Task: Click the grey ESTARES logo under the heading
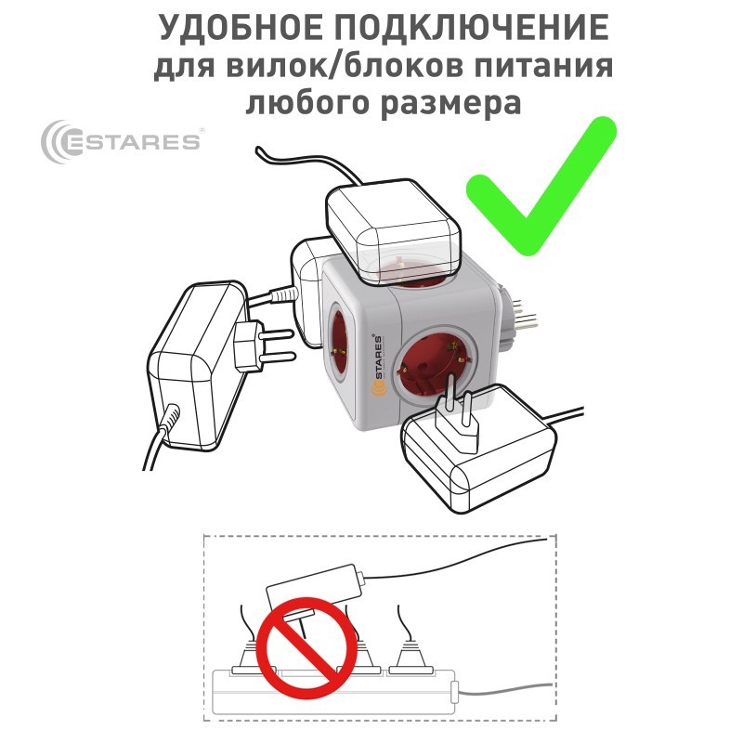coord(122,141)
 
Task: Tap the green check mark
coord(541,186)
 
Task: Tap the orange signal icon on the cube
coord(379,390)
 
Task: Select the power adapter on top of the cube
coord(393,231)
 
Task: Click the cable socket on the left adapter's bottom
coord(170,419)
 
